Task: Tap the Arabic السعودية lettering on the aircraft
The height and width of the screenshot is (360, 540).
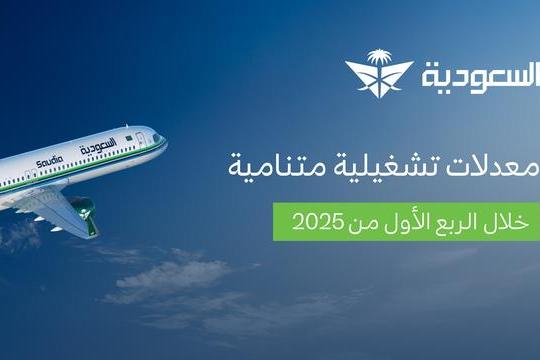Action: (x=97, y=148)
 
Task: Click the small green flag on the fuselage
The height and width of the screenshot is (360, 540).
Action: (x=127, y=140)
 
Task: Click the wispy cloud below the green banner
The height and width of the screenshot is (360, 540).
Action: (x=190, y=275)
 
